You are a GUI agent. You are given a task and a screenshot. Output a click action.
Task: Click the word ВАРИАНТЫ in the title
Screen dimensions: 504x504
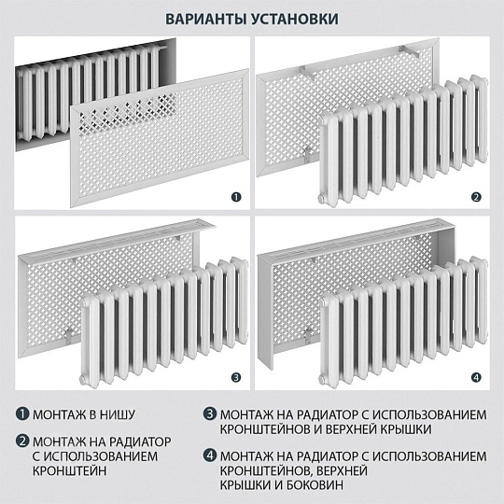point(206,20)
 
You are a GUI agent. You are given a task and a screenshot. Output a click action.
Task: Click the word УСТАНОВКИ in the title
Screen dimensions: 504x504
point(295,20)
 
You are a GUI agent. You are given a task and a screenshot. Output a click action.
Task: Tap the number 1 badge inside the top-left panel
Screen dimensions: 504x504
point(236,197)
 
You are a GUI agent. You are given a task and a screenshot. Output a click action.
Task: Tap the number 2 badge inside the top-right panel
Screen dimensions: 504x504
point(476,197)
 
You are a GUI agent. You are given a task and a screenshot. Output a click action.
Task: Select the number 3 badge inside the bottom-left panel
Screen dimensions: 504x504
point(236,377)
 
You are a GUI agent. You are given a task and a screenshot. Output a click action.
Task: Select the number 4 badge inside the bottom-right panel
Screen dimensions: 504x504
point(476,377)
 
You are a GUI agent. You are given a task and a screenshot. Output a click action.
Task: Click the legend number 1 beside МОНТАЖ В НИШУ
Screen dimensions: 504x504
point(22,413)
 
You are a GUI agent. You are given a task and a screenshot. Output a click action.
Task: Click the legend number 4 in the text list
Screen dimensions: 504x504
point(210,455)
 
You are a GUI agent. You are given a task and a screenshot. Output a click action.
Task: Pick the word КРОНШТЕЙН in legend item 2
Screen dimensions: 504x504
point(69,471)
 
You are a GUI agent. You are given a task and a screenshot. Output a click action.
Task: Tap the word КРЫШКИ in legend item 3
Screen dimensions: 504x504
point(407,429)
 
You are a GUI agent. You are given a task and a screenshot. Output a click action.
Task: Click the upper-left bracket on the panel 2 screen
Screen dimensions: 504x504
point(308,72)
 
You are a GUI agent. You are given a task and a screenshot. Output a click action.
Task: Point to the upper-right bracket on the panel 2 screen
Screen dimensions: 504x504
point(410,50)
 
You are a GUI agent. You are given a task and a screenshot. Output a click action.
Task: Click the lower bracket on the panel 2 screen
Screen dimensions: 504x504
point(308,155)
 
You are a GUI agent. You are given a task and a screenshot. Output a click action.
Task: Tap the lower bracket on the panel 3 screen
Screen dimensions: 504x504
point(68,336)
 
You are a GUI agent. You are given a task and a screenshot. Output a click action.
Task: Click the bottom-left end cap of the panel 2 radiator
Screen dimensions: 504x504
point(322,198)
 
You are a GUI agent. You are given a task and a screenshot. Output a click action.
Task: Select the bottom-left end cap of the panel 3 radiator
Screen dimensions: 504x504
point(83,379)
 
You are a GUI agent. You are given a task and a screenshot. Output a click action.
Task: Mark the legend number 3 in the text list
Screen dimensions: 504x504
point(210,413)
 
